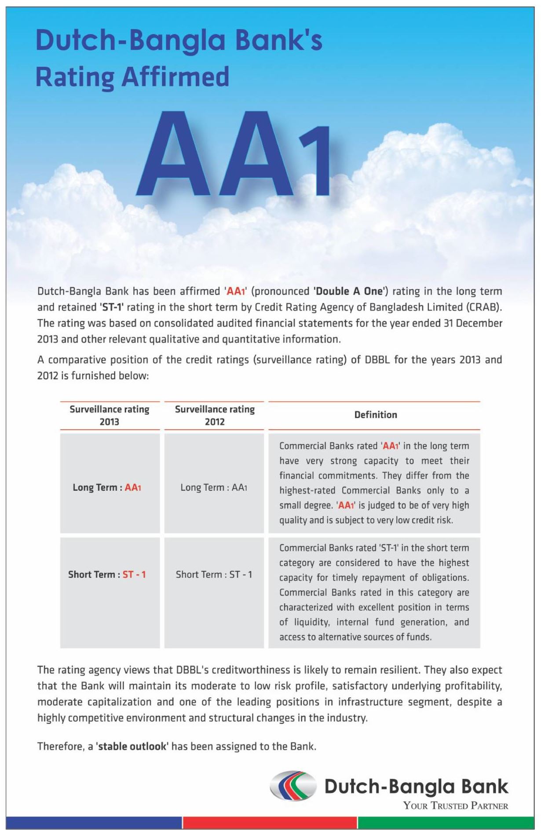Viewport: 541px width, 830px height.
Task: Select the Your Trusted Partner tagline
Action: point(456,806)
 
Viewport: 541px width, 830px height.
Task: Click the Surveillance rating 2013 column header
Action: point(110,415)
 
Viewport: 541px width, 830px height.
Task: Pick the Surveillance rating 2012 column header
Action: point(215,415)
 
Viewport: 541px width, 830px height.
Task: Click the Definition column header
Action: point(376,415)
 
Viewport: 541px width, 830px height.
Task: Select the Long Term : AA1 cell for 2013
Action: point(107,487)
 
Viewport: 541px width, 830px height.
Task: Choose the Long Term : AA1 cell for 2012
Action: point(214,487)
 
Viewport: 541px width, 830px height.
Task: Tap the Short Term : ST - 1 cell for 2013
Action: point(107,574)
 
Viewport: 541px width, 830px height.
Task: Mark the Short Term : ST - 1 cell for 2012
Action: point(214,574)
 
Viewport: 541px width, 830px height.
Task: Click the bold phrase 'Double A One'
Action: point(351,291)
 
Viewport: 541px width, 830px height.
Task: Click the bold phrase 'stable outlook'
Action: point(132,746)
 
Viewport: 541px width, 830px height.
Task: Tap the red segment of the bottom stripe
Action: point(270,823)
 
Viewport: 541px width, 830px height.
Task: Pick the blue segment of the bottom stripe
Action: point(94,823)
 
